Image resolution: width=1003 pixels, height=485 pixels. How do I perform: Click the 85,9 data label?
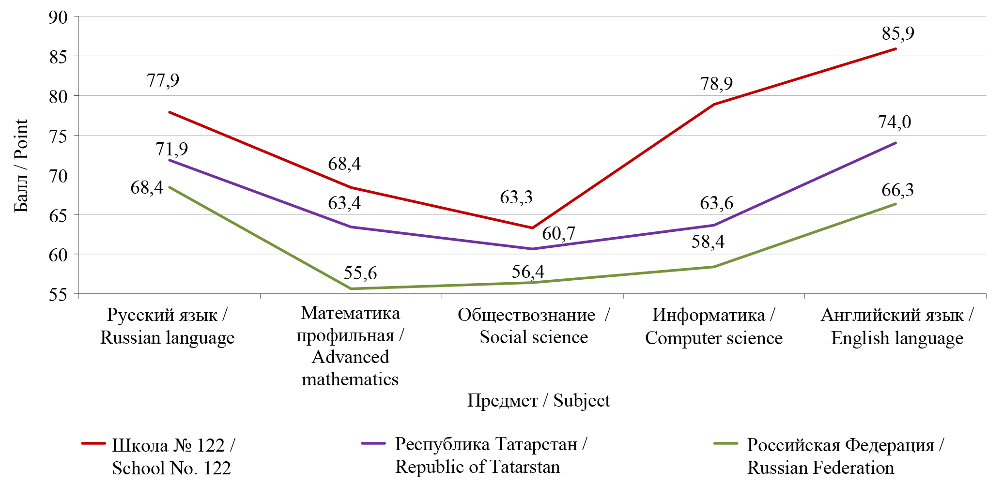(x=897, y=33)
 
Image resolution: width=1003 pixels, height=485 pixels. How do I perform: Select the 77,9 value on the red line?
(x=163, y=80)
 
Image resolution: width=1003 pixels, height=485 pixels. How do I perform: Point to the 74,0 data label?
(x=895, y=122)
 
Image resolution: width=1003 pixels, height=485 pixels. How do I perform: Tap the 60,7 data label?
(x=558, y=233)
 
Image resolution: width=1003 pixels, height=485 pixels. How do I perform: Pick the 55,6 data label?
(x=360, y=273)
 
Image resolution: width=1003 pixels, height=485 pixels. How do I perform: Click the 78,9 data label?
(x=716, y=84)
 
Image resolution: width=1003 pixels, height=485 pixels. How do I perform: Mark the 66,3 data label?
(x=897, y=190)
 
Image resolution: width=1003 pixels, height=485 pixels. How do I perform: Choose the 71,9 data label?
(x=171, y=149)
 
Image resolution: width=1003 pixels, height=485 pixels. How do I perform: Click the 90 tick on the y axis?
(x=58, y=17)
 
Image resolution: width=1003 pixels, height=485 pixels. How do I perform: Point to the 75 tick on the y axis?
(x=58, y=136)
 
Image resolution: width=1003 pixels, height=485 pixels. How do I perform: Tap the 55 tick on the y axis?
(x=58, y=294)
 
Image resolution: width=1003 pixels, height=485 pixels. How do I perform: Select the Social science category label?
(x=533, y=326)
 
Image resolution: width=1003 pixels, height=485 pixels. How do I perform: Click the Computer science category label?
(x=713, y=326)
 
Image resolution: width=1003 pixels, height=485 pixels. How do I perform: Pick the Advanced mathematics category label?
(x=350, y=346)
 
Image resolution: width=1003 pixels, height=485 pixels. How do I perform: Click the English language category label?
(x=897, y=326)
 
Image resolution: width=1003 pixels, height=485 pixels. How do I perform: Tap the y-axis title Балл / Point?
(x=21, y=166)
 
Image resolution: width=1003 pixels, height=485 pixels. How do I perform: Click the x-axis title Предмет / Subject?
(x=538, y=401)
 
